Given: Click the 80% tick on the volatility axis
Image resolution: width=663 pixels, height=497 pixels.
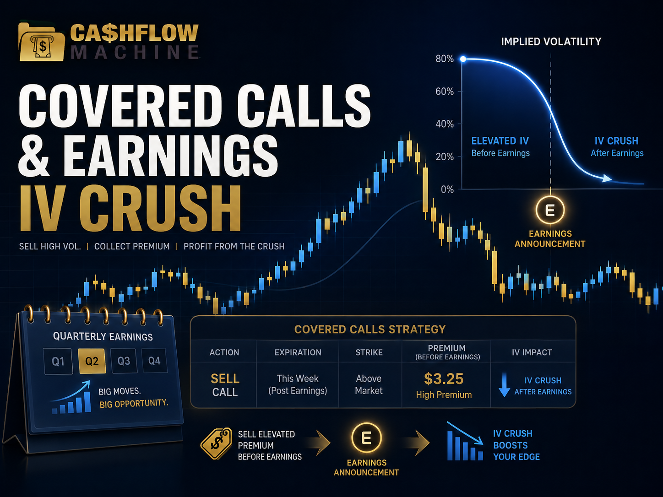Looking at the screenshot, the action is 445,59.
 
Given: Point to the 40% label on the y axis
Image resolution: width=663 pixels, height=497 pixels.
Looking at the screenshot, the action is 445,124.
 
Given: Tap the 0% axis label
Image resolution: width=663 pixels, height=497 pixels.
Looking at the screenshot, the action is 447,189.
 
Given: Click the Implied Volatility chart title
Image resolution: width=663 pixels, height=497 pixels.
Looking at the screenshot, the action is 551,42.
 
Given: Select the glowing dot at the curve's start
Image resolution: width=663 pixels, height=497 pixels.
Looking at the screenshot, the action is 463,59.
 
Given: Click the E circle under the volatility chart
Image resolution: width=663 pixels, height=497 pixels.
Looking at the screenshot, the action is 550,210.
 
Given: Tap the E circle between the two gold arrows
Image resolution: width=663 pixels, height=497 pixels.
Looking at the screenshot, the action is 366,438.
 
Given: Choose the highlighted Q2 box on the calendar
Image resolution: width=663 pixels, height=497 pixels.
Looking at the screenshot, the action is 92,361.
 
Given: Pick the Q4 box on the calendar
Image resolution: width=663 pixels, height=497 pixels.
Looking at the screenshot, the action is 154,361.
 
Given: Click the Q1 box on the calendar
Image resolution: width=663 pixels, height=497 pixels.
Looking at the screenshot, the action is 58,362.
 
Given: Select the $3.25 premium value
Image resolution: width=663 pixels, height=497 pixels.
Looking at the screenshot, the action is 443,379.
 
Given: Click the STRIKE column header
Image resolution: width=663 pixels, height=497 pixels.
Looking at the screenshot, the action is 369,352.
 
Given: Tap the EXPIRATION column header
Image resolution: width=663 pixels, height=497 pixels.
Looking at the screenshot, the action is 298,352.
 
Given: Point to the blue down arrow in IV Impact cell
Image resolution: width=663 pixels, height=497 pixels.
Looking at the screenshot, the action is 504,385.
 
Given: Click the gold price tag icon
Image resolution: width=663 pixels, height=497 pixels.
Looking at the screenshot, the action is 216,443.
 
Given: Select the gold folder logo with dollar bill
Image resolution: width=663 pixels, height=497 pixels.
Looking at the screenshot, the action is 41,42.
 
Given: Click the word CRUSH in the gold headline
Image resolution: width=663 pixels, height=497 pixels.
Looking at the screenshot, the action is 160,208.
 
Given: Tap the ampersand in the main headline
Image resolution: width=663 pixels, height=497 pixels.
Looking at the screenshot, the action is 34,156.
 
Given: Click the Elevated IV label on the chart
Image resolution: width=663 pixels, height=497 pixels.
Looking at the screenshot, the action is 500,141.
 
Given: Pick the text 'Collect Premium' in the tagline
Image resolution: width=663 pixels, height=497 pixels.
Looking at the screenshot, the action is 132,247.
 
